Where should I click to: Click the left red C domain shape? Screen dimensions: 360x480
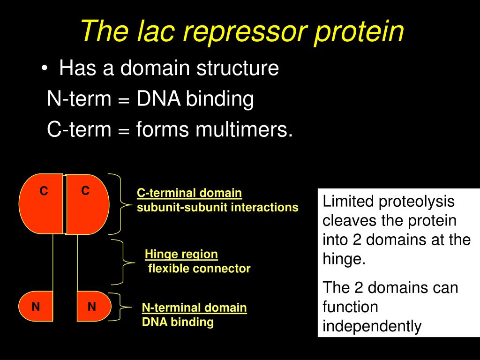point(41,204)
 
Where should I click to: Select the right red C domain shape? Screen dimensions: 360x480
point(87,204)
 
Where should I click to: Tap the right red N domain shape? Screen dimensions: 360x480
point(93,307)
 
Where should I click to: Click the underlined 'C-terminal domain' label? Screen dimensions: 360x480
point(189,193)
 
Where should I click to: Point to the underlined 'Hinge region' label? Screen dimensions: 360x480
point(181,255)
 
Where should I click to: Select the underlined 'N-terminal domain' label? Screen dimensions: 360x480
point(195,308)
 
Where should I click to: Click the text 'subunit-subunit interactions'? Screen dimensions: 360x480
point(217,207)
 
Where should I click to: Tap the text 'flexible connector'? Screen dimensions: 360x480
point(200,269)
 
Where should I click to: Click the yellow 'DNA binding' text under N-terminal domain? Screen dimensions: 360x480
point(178,322)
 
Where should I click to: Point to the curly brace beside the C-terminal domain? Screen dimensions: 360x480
point(120,204)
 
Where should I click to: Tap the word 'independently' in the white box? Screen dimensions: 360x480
point(372,326)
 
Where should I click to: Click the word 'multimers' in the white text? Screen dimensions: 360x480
point(243,129)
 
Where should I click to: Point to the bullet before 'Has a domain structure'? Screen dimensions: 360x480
point(44,69)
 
